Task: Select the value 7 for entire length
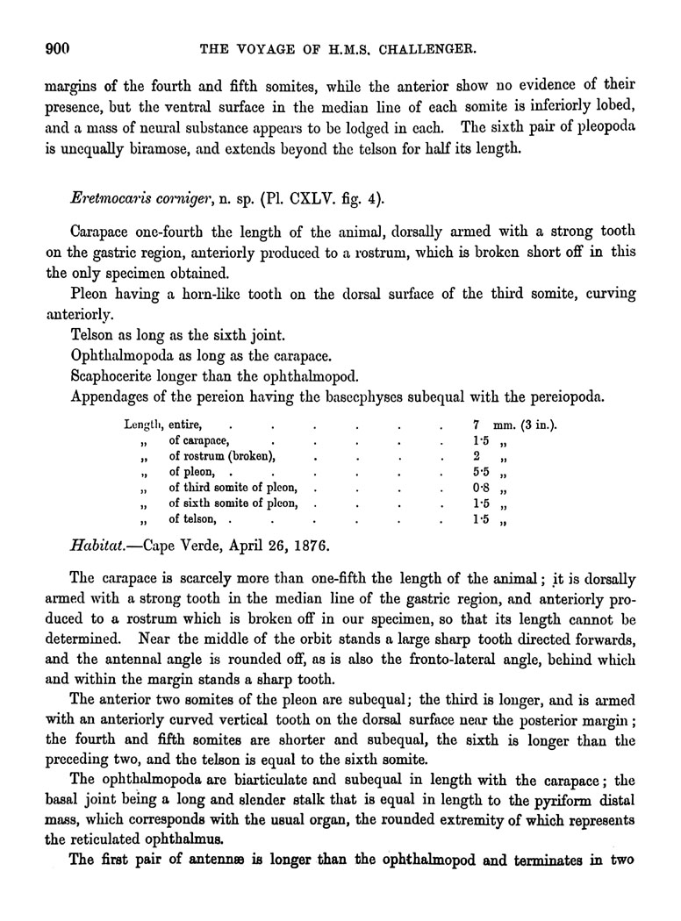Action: pyautogui.click(x=475, y=425)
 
